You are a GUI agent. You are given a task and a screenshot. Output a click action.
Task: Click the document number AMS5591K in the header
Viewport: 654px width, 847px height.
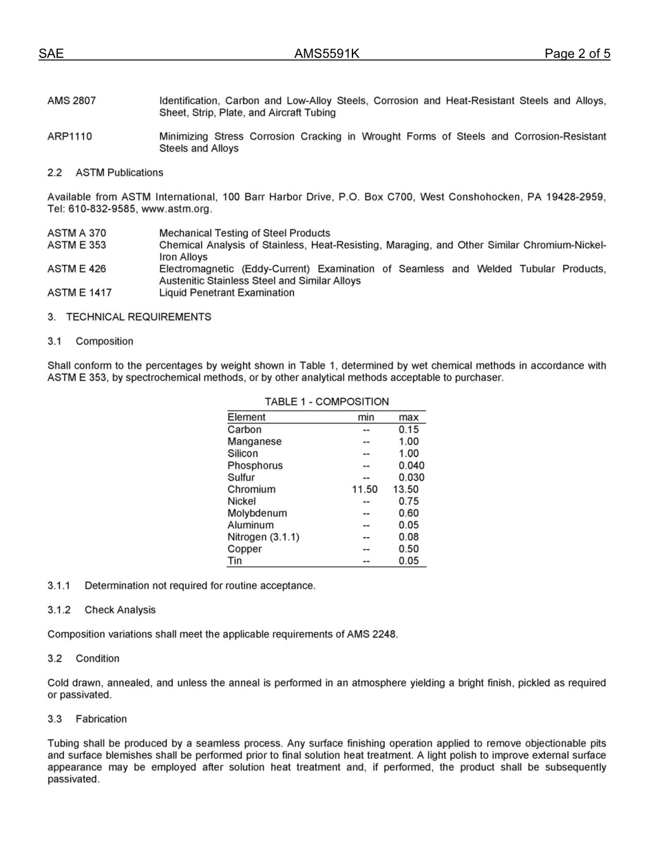(326, 54)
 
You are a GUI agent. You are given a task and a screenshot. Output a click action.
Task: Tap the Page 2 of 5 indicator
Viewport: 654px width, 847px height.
(577, 54)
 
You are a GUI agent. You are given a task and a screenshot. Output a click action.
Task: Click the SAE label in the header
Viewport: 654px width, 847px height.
(51, 54)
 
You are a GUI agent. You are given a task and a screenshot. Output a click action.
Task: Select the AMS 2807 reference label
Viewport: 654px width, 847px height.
(72, 101)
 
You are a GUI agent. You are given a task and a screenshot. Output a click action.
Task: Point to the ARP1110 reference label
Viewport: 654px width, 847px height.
(70, 137)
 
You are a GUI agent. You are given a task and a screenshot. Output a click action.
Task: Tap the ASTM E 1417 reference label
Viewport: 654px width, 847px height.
(79, 293)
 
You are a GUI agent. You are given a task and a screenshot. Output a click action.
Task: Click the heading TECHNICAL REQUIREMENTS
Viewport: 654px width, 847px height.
(138, 317)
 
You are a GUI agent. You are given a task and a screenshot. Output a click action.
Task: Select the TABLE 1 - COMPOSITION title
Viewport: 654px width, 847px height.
(326, 401)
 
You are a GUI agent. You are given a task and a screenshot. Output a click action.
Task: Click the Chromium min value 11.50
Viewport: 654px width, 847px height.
(365, 490)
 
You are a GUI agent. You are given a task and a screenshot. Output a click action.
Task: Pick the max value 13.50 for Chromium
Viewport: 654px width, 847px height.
(406, 490)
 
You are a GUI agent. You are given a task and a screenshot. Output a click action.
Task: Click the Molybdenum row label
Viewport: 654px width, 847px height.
(257, 513)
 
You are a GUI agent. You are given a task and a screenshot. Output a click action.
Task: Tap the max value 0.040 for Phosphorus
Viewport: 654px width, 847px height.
(411, 466)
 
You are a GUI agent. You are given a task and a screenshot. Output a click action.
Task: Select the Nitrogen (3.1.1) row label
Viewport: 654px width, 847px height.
(263, 537)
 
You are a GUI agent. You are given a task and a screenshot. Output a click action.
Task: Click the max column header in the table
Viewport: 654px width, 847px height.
(408, 417)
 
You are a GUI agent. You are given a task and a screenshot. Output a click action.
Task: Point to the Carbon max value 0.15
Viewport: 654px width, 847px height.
(408, 430)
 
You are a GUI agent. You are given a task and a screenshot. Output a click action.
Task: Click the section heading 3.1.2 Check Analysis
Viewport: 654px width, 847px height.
(102, 610)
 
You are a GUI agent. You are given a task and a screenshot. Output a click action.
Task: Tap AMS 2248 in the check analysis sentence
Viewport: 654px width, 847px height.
(372, 634)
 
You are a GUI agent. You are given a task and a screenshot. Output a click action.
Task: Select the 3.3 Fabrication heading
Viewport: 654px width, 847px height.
(87, 719)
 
